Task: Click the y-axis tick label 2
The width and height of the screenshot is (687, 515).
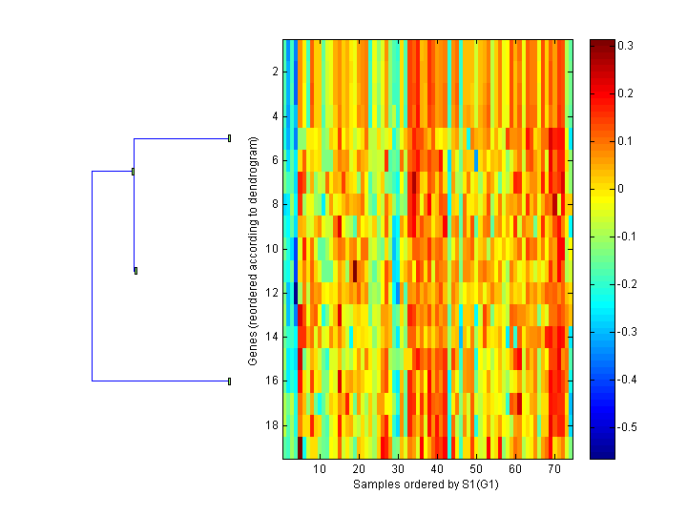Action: tap(274, 72)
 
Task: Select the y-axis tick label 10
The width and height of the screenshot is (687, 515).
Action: tap(271, 248)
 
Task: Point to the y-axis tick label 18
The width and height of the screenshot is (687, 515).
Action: tap(271, 424)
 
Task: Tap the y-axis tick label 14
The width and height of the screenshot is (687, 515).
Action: tap(271, 337)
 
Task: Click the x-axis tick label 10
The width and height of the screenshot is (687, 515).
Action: tap(320, 470)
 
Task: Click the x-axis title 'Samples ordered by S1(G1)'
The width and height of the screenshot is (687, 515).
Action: tap(427, 484)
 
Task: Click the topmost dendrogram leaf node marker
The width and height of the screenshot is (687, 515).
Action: tap(230, 138)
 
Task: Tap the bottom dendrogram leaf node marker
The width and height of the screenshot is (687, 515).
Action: tap(230, 381)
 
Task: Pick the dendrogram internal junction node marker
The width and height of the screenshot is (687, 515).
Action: tap(133, 172)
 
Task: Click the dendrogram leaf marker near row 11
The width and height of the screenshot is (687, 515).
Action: tap(136, 271)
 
